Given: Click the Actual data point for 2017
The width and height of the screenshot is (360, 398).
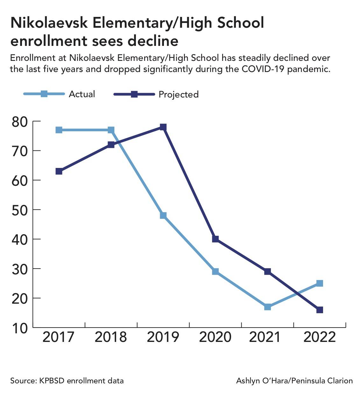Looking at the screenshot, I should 59,130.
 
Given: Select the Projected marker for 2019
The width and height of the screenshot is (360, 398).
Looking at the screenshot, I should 163,127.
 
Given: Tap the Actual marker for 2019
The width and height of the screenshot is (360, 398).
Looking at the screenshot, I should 163,215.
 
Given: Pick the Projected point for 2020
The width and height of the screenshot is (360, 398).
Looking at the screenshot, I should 215,239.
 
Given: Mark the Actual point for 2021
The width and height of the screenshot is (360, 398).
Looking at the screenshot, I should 267,307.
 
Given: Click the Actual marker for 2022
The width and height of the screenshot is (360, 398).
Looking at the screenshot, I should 320,283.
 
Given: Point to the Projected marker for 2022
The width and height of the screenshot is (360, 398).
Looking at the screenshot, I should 320,310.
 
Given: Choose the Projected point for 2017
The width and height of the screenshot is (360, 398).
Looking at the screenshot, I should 59,171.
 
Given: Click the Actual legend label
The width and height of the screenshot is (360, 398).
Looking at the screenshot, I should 82,94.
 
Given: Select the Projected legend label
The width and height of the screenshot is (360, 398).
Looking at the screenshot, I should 179,94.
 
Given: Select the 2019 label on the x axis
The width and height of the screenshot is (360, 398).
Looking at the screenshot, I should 163,337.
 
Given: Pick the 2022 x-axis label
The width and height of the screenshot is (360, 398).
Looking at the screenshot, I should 320,337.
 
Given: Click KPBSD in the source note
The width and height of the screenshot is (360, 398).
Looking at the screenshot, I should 51,381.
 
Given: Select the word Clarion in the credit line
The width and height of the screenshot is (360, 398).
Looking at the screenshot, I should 341,381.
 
